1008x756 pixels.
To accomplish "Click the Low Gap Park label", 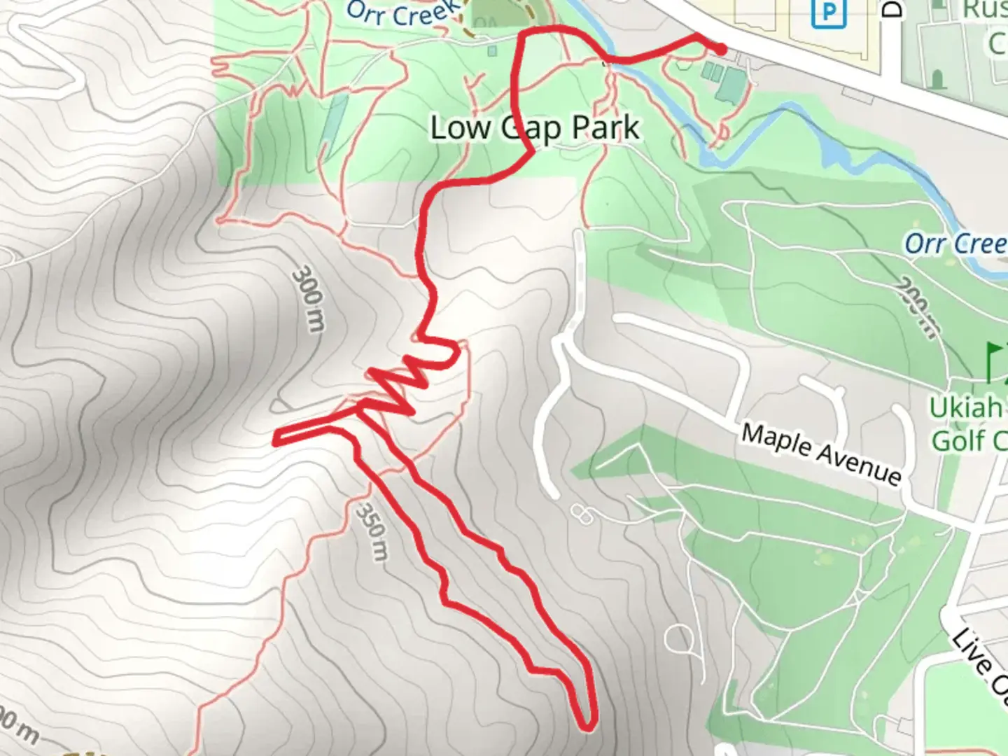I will [x=535, y=129].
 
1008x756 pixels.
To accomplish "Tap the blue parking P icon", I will [x=828, y=13].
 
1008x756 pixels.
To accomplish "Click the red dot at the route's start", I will [x=721, y=50].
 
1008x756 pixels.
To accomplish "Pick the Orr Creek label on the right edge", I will [x=955, y=244].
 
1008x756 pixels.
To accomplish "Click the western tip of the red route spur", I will [x=276, y=439].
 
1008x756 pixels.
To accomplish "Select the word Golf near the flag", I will [x=959, y=441].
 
